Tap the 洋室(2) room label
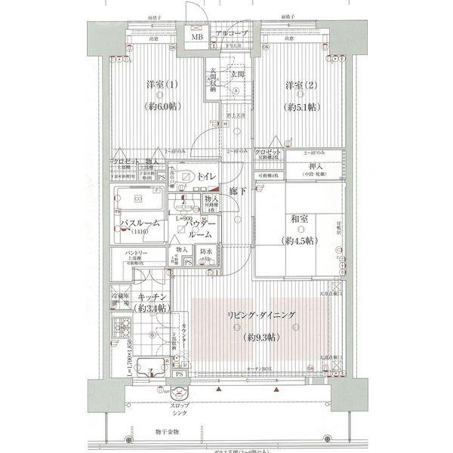pyautogui.click(x=300, y=85)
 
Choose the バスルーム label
pyautogui.click(x=138, y=225)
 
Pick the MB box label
pyautogui.click(x=196, y=36)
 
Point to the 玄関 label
pyautogui.click(x=238, y=74)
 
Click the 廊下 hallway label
pyautogui.click(x=237, y=193)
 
